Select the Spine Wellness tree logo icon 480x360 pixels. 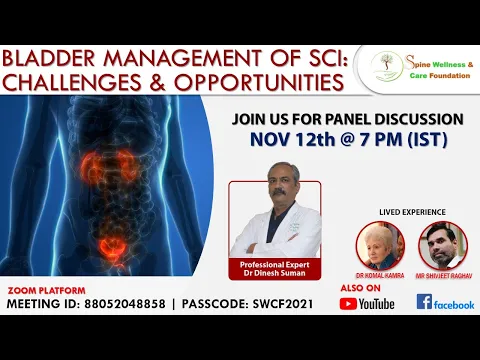point(381,67)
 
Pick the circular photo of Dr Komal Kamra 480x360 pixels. point(379,244)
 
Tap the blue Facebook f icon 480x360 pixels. point(424,302)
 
